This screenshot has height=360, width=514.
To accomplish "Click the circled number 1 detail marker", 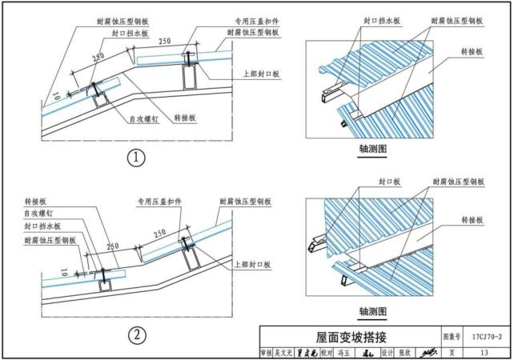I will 137,158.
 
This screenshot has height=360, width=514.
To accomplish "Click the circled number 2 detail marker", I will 137,334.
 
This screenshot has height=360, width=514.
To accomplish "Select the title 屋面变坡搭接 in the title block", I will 351,337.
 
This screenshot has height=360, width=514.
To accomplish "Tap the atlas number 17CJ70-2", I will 482,336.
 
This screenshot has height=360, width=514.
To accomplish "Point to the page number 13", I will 482,351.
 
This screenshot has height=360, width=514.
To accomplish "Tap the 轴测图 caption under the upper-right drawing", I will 373,149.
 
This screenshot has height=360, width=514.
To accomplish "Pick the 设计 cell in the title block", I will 386,352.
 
